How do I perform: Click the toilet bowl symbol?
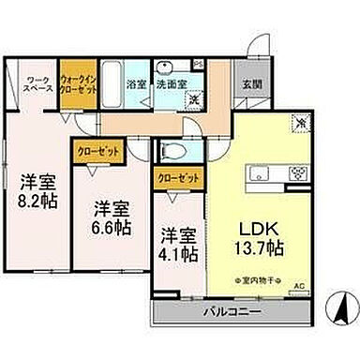coord(173,152)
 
